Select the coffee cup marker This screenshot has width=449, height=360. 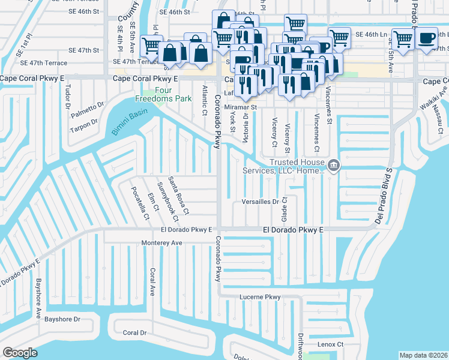tap(427, 39)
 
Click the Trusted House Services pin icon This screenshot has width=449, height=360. tap(334, 166)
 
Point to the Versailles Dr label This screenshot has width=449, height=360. tap(261, 202)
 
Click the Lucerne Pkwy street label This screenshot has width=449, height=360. tap(260, 296)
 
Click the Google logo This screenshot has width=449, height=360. tap(20, 352)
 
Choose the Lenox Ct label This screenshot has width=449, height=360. tap(330, 344)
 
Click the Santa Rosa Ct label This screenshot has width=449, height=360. tap(178, 195)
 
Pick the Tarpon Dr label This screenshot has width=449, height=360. tap(83, 124)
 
